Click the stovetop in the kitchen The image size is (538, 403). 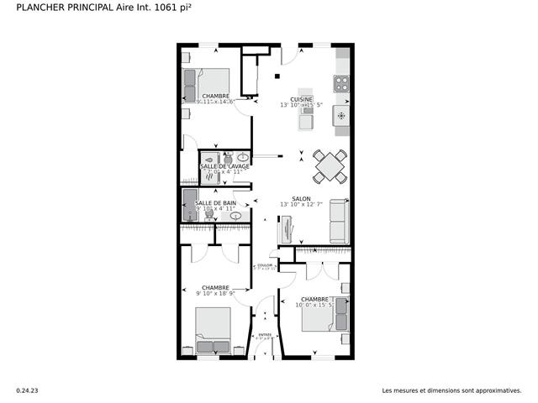[341, 83]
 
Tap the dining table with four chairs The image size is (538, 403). [330, 165]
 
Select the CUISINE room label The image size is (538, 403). [302, 99]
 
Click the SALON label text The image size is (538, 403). [302, 199]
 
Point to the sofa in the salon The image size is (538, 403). [340, 221]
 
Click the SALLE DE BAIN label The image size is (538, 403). [215, 203]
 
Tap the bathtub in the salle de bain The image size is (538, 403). [191, 204]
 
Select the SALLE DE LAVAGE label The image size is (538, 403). [224, 166]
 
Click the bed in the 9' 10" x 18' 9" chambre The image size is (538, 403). [213, 331]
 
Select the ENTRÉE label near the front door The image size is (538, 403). [265, 335]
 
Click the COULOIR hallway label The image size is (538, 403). [265, 266]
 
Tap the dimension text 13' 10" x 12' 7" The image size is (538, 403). [302, 205]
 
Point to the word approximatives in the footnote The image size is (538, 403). [498, 390]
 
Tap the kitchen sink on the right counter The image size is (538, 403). [341, 114]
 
